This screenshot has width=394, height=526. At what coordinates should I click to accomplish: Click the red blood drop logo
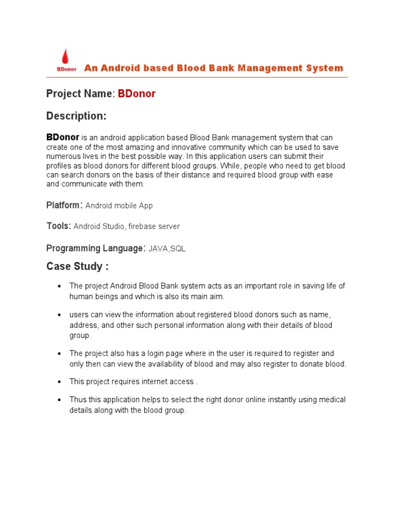click(x=65, y=56)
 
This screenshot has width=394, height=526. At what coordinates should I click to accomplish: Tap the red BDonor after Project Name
click(x=137, y=93)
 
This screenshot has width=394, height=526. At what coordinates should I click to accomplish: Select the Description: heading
click(x=76, y=116)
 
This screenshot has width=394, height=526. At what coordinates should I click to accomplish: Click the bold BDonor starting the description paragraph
click(x=63, y=137)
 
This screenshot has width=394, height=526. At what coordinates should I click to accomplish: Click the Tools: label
click(x=58, y=226)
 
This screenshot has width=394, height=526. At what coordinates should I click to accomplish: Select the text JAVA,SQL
click(x=167, y=249)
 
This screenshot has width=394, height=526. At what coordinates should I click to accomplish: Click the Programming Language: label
click(x=95, y=248)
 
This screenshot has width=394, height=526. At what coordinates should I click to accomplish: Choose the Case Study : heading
click(x=77, y=267)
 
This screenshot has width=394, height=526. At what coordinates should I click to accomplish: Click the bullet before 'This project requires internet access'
click(x=60, y=382)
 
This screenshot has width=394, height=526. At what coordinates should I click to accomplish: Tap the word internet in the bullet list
click(x=153, y=382)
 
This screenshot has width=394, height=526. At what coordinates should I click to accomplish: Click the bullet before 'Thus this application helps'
click(x=60, y=400)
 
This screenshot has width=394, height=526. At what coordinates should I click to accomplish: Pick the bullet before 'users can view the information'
click(x=60, y=314)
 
